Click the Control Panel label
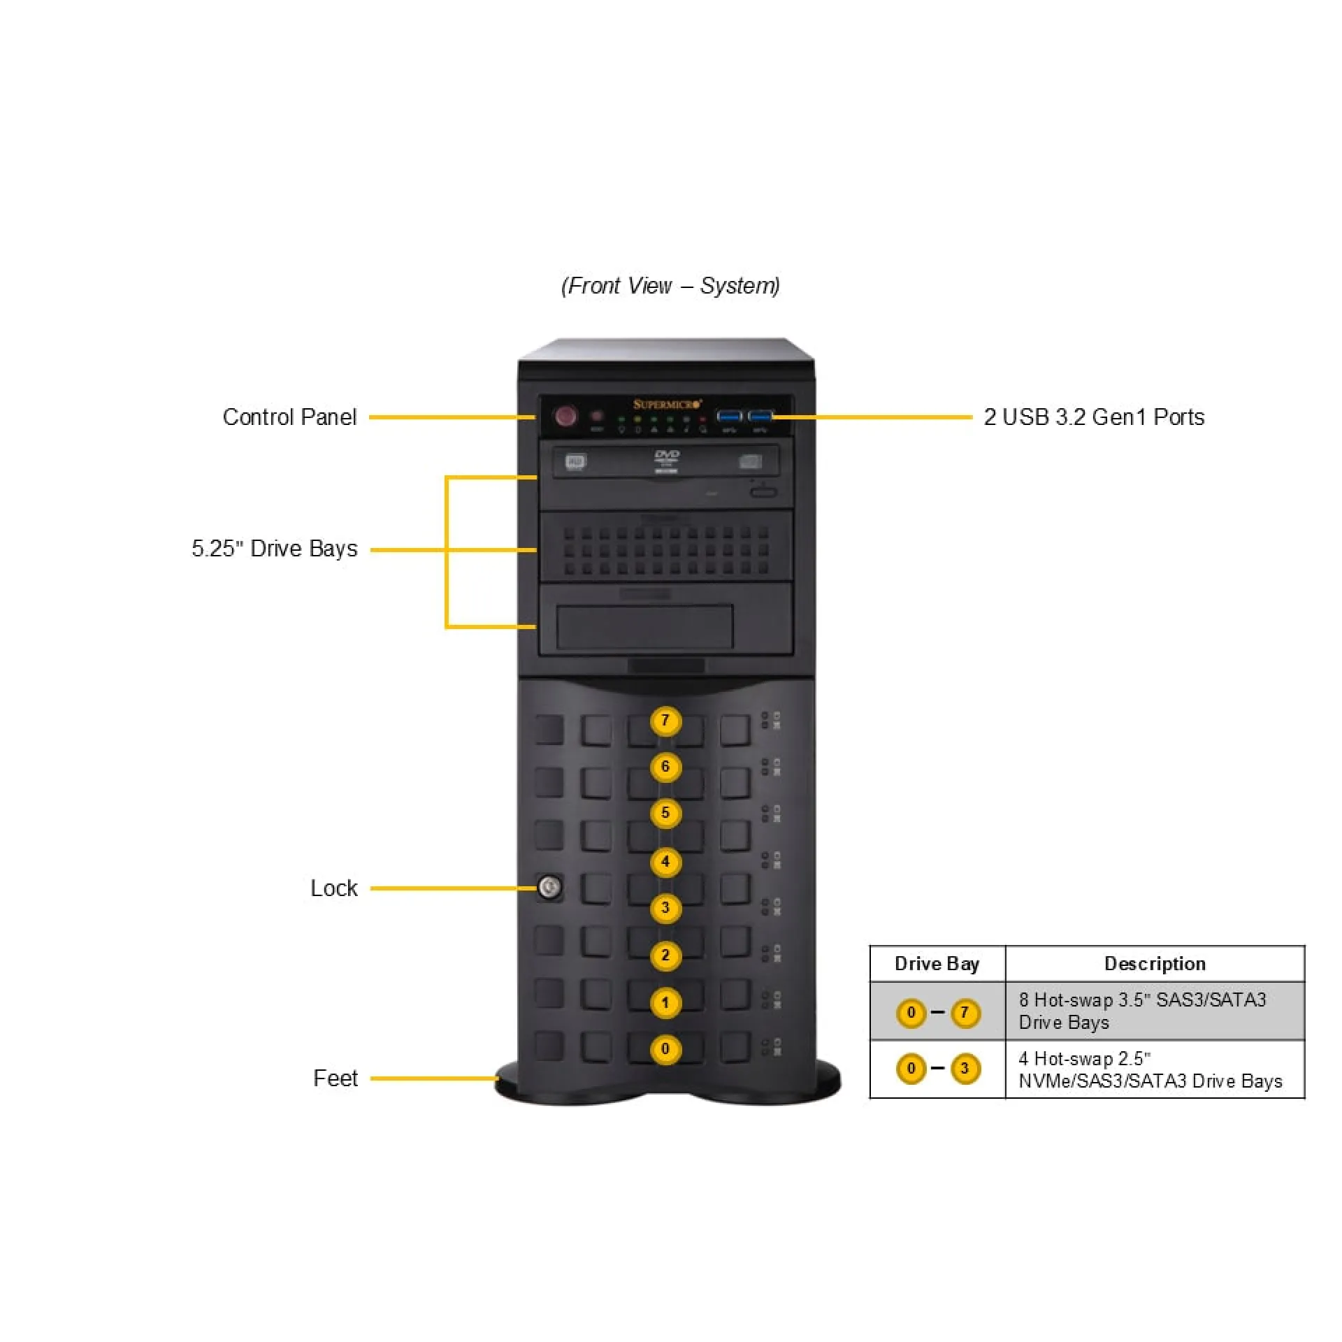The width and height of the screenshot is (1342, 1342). tap(289, 417)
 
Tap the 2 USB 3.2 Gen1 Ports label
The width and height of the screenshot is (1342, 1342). tap(1094, 417)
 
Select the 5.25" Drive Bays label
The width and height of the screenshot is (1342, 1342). tap(275, 549)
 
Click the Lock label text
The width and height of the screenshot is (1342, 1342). tap(333, 888)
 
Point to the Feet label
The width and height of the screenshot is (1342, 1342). tap(335, 1078)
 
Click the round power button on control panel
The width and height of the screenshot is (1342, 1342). tap(565, 417)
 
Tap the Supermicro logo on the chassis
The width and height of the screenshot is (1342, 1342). tap(667, 404)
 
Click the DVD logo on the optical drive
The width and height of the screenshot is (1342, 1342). tap(666, 456)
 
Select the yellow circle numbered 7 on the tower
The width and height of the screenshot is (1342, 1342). tap(665, 721)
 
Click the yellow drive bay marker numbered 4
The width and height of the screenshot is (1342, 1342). tap(665, 862)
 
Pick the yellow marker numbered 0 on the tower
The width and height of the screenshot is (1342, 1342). tap(665, 1049)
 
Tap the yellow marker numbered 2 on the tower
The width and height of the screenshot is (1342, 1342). tap(665, 955)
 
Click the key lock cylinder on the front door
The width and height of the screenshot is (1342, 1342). tap(549, 888)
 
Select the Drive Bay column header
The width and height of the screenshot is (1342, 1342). tap(937, 964)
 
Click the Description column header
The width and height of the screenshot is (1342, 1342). tap(1155, 964)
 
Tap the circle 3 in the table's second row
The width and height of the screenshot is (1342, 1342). tap(965, 1068)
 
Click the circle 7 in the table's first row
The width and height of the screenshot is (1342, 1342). tap(965, 1012)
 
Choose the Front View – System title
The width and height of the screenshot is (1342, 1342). tap(670, 286)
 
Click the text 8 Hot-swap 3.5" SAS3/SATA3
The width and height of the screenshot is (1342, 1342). tap(1142, 1000)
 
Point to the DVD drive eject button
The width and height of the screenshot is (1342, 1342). tap(763, 493)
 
